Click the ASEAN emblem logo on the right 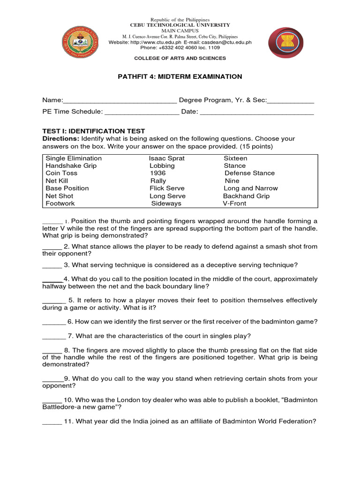pyautogui.click(x=285, y=42)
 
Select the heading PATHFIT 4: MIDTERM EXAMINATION pyautogui.click(x=180, y=76)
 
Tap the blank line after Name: pyautogui.click(x=120, y=100)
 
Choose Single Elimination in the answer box pyautogui.click(x=74, y=158)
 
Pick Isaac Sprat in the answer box pyautogui.click(x=167, y=158)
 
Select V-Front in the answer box pyautogui.click(x=234, y=203)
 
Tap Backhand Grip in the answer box pyautogui.click(x=246, y=196)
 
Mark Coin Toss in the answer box pyautogui.click(x=61, y=173)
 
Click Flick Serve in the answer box pyautogui.click(x=168, y=188)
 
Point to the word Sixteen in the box pyautogui.click(x=235, y=158)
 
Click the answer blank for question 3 pyautogui.click(x=52, y=265)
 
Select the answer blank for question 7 pyautogui.click(x=53, y=336)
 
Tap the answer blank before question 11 pyautogui.click(x=52, y=422)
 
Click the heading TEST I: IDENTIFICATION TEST pyautogui.click(x=94, y=131)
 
